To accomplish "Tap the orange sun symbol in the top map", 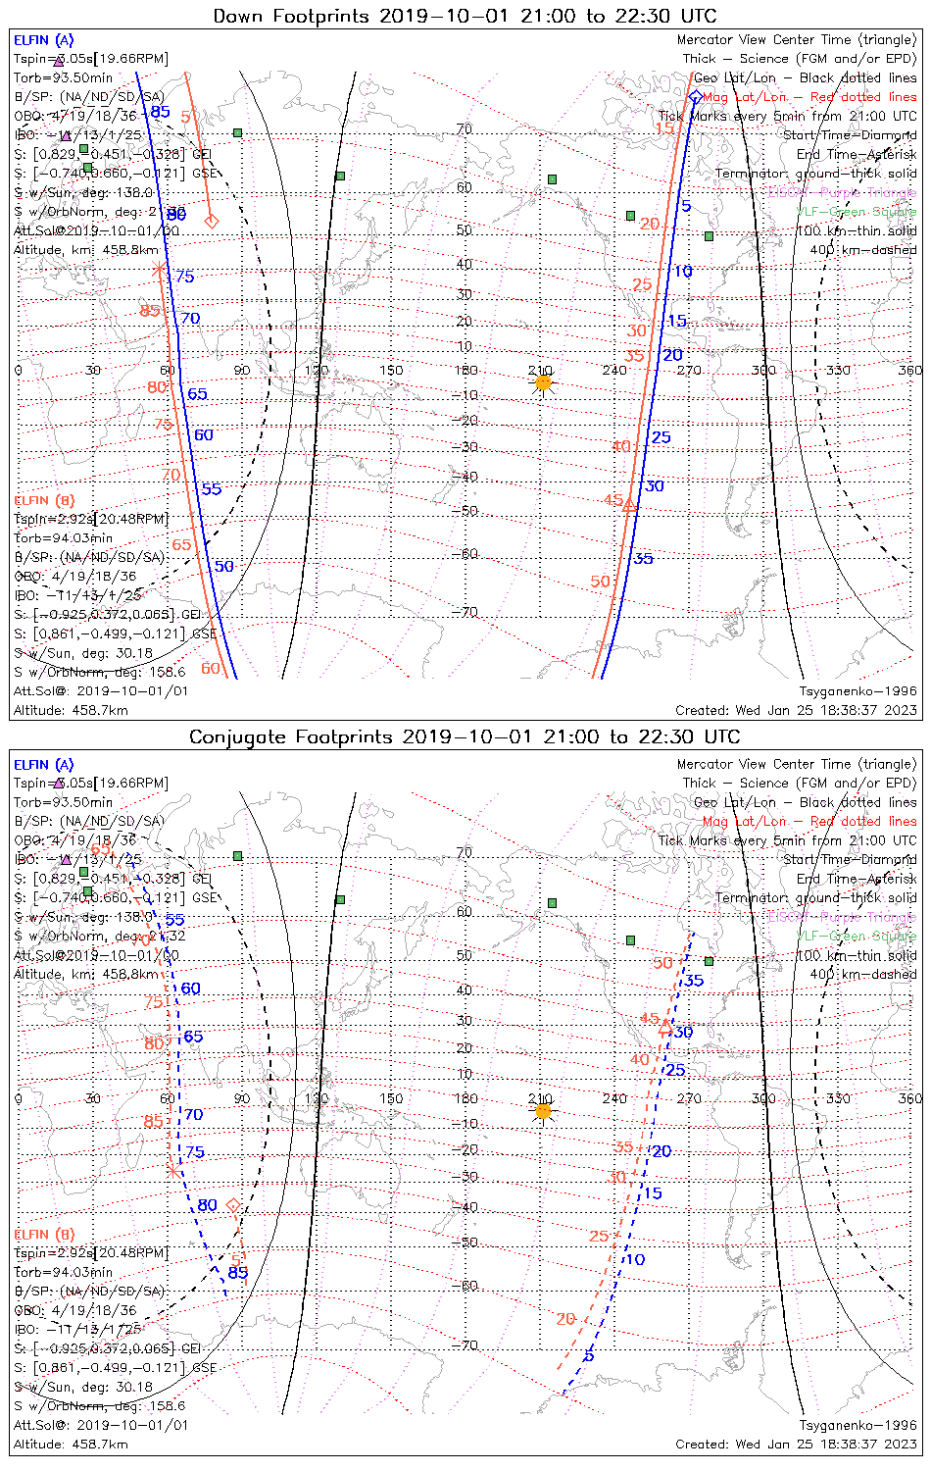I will (543, 382).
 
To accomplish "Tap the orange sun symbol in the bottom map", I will (543, 1111).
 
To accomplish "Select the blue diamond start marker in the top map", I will (695, 96).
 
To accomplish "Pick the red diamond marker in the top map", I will (211, 221).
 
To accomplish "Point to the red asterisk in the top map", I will (160, 267).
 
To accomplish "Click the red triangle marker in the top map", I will (630, 506).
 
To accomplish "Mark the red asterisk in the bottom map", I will (173, 1170).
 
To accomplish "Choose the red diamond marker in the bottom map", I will (233, 1204).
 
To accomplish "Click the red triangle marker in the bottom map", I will (665, 1027).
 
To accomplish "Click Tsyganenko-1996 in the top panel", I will (857, 691).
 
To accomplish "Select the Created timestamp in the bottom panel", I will (796, 1445).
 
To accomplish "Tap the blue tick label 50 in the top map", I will (224, 566).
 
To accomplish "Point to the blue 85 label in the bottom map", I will (237, 1273).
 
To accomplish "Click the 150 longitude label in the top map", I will (391, 370).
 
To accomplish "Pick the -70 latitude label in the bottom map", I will (466, 1345).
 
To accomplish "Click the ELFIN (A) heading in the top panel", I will (43, 40).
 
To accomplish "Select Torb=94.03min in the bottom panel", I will (63, 1272).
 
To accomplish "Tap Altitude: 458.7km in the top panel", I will (71, 710).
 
